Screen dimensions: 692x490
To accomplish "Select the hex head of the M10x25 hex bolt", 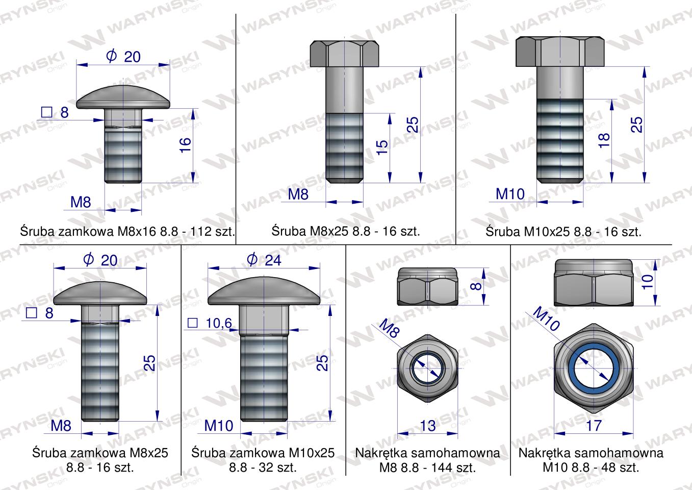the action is (560, 52).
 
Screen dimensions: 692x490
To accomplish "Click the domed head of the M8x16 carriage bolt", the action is (123, 97).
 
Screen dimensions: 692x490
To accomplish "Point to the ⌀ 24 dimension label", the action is (264, 260).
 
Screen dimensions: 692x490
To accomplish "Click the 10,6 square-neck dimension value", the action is (219, 324).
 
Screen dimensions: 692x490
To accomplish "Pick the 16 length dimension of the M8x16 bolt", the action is (185, 145).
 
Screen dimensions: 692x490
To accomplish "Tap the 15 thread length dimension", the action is (382, 147).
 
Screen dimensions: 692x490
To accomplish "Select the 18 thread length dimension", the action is (604, 141).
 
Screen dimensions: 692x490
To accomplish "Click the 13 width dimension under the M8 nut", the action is (428, 426).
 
